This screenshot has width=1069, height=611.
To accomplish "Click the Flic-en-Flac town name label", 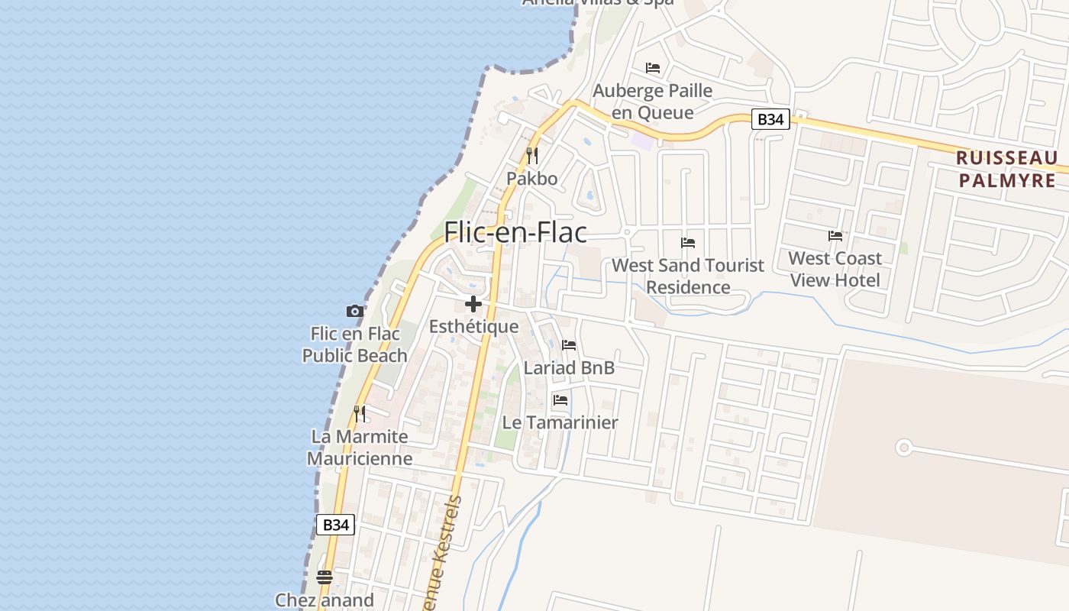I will point(515,231).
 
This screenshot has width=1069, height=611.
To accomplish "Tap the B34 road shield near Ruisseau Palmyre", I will point(770,119).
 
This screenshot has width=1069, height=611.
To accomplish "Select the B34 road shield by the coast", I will point(335,525).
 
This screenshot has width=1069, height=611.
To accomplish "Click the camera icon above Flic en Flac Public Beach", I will point(354,311).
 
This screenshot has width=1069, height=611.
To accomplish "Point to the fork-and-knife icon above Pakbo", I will point(532,156).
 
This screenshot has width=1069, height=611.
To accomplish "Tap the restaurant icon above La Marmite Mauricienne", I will point(359,414).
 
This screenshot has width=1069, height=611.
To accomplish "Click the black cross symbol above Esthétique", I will point(473,304).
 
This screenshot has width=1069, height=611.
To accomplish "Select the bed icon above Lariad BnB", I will point(569,345).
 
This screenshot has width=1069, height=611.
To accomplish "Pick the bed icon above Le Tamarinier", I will point(560,400).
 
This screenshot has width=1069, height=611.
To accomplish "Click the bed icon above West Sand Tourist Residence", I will point(688,243).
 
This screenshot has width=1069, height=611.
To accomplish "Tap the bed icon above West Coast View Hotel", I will point(835,236).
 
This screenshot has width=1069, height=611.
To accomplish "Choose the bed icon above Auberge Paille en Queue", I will point(653,68).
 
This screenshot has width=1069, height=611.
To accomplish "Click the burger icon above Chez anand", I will point(325,577).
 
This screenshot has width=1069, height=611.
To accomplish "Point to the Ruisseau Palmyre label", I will point(1007,170).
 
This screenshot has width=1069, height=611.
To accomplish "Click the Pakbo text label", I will point(532,179).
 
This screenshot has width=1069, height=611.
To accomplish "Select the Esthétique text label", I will point(473,327).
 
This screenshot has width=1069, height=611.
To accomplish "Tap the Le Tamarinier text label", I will point(560,422).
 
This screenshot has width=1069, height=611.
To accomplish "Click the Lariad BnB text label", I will point(569,367).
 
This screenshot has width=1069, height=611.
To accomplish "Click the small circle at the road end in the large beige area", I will point(904,448).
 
